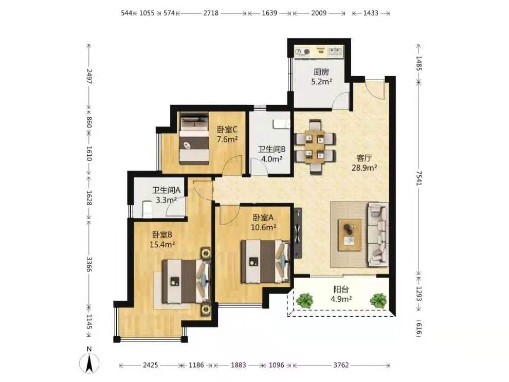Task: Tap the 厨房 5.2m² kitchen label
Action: point(321,77)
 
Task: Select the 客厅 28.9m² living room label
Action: point(364,163)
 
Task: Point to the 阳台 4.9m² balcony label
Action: point(341,294)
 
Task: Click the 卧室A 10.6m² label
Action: point(263,222)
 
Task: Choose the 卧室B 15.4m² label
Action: point(162,239)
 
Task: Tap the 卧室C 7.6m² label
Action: point(227,134)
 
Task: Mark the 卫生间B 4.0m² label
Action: point(271,154)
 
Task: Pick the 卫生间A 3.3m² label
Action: point(166,195)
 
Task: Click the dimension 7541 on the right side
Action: point(419,179)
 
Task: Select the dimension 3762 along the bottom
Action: point(341,365)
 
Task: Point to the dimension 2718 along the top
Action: point(211,13)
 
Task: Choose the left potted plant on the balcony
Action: point(304,300)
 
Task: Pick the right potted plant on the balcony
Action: point(378,300)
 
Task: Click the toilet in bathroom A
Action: point(147,209)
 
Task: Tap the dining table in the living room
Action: point(315,147)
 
